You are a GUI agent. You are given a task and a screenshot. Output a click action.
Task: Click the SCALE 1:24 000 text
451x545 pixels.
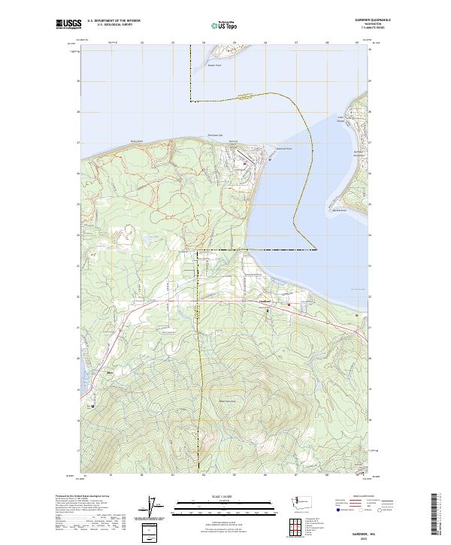pyautogui.click(x=204, y=495)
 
